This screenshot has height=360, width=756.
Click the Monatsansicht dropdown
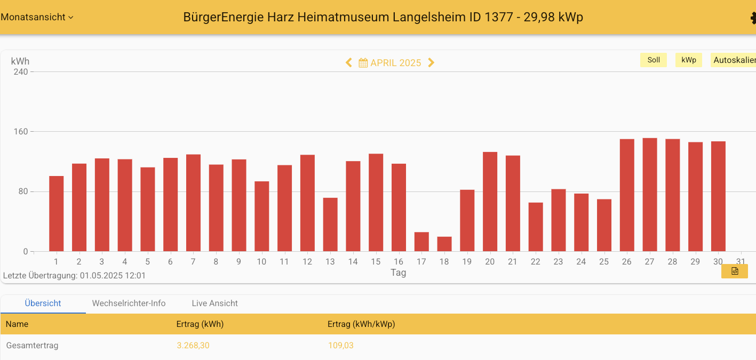[x=37, y=17]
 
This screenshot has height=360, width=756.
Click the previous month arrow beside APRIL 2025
[x=349, y=63]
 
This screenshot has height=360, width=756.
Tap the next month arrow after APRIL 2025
[x=431, y=63]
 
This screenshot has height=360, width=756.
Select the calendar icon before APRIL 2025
[x=363, y=63]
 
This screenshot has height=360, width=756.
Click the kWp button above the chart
[x=688, y=60]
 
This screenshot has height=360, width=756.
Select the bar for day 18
[x=444, y=244]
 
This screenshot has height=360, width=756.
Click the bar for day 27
[x=649, y=195]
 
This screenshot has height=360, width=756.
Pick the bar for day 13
[x=330, y=225]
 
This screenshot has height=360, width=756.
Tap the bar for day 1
[x=57, y=214]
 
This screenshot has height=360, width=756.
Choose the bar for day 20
[x=490, y=202]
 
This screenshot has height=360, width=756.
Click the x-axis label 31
[x=741, y=262]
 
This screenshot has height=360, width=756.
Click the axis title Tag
[x=398, y=273]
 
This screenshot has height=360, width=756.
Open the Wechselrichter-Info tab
[x=129, y=303]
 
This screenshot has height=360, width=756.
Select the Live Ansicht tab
[x=214, y=303]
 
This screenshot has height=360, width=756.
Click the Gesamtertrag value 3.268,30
[x=193, y=346]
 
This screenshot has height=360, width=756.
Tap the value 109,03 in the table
[x=340, y=346]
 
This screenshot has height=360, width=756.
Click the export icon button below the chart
[x=734, y=271]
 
